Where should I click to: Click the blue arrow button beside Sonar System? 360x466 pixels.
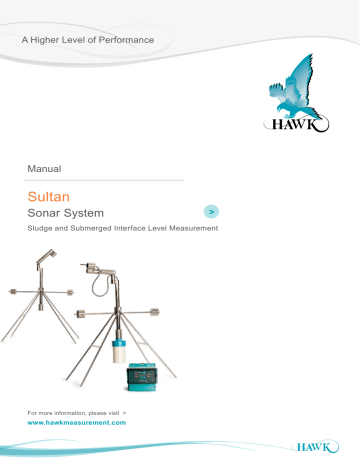click(x=211, y=212)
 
